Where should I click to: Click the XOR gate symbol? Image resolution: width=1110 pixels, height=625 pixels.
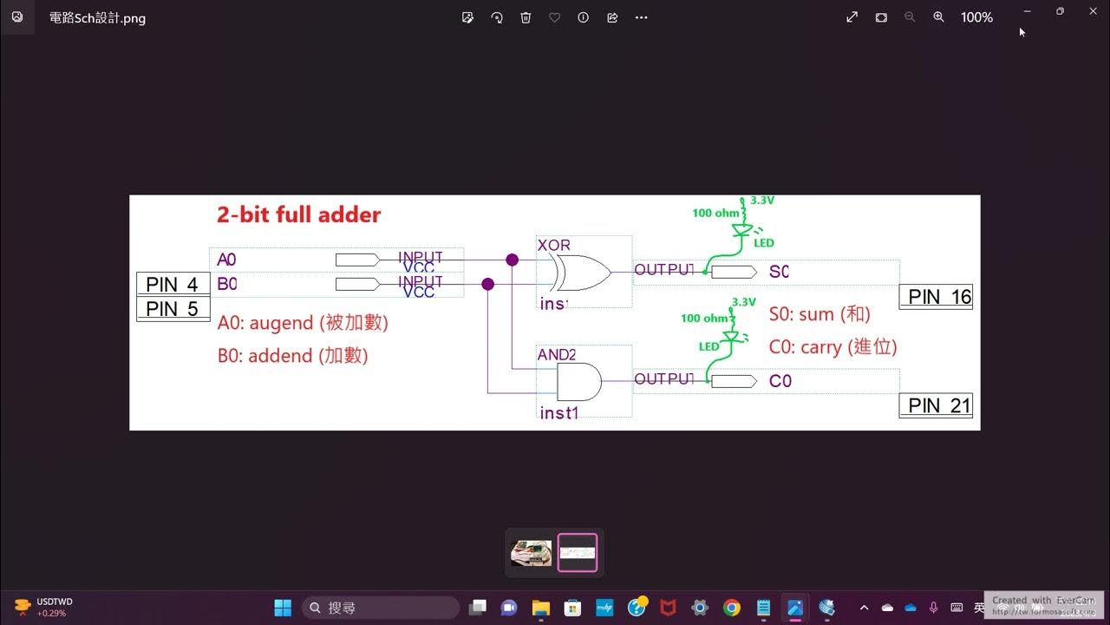coord(583,273)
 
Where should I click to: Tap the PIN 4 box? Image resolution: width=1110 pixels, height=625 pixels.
coord(173,284)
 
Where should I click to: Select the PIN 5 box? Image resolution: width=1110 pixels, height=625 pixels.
coord(173,309)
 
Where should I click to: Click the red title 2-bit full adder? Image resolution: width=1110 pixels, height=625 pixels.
coord(298,214)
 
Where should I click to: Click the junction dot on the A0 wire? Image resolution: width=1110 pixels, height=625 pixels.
coord(512,260)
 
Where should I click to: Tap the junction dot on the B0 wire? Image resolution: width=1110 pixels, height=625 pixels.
coord(487,284)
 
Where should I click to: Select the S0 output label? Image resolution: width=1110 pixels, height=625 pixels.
coord(779,273)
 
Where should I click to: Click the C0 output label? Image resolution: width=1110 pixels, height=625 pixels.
coord(780,381)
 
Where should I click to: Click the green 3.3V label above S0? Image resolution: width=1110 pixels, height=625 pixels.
coord(762,201)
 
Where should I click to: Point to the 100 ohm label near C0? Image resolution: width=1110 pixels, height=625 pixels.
coord(704,319)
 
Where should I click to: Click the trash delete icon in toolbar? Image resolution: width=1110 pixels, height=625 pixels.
coord(526,17)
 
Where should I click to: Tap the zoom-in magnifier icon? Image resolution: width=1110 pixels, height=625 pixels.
coord(938,17)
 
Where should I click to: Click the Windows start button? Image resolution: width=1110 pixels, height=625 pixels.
coord(283,608)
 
